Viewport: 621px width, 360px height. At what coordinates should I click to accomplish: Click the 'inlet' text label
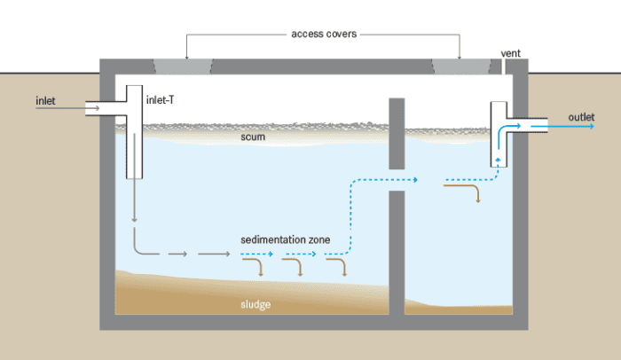pos(45,100)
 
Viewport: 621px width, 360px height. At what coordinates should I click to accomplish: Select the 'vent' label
pos(511,53)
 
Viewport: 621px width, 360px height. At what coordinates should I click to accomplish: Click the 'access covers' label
pos(323,35)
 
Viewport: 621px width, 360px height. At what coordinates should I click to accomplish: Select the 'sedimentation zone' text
pos(287,240)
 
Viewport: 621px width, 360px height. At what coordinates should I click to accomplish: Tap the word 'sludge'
pos(255,304)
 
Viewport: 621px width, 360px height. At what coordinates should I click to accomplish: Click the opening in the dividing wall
pos(397,179)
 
